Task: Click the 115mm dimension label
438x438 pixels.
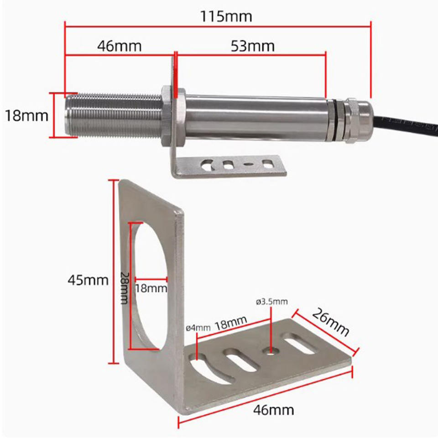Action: tap(226, 16)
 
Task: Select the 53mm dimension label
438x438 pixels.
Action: tap(254, 46)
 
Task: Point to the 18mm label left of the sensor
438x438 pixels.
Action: tap(26, 115)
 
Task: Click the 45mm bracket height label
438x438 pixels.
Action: tap(88, 279)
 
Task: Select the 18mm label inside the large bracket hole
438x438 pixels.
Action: tap(151, 289)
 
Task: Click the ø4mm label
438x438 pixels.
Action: tap(198, 327)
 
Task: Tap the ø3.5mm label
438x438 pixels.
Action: tap(272, 302)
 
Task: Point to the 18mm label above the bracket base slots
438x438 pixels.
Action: tap(231, 325)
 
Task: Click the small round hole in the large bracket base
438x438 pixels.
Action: tap(271, 351)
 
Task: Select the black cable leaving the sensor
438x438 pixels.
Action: tap(406, 122)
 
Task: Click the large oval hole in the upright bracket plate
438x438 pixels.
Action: tap(151, 285)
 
